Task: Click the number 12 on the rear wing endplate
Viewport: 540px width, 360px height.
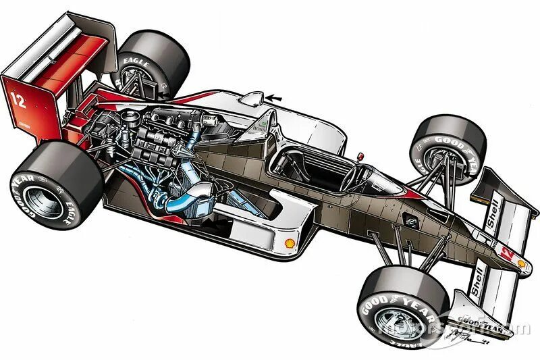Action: (18, 100)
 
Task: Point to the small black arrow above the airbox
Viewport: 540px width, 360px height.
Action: (275, 99)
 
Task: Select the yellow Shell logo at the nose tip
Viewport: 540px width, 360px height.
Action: (521, 264)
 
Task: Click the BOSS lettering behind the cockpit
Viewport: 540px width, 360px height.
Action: (256, 126)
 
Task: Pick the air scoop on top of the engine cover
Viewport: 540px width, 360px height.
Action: (251, 99)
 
